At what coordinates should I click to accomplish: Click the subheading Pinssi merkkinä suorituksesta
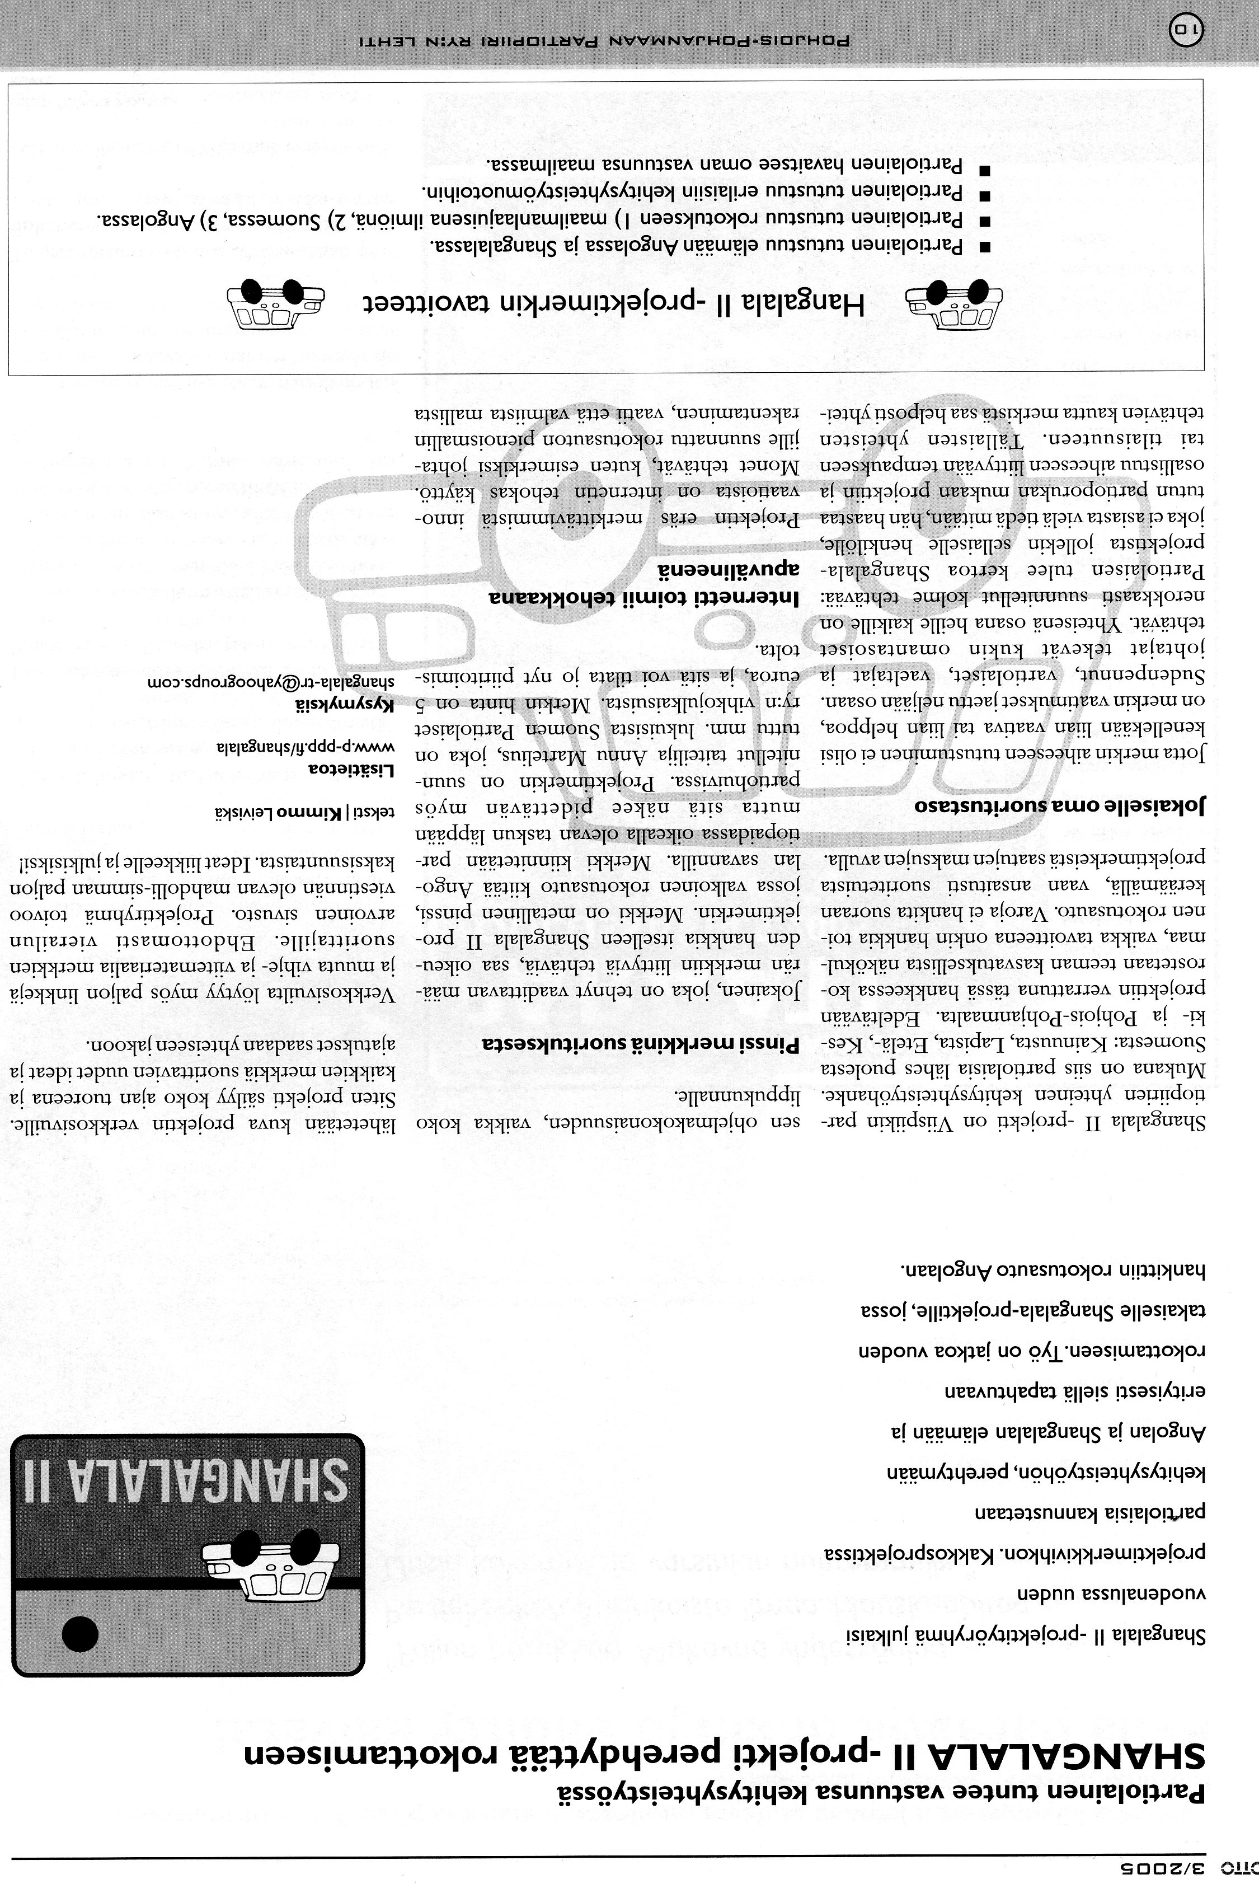pos(642,1044)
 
